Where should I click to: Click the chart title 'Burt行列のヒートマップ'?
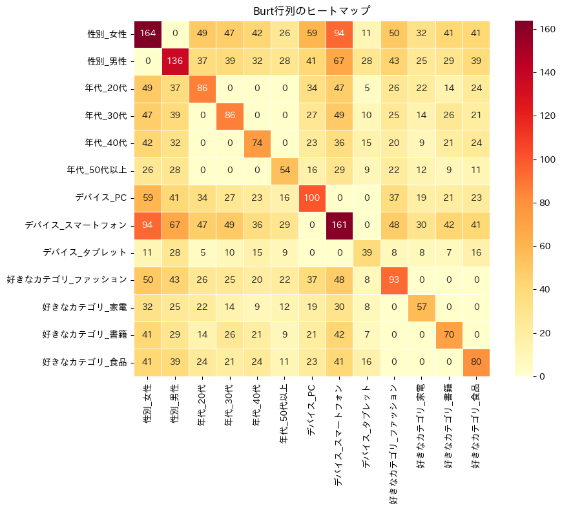coord(312,10)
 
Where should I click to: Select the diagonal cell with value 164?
coord(147,34)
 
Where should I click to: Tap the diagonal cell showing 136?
coord(175,61)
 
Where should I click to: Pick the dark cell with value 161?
coord(339,225)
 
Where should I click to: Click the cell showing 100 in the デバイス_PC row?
coord(312,198)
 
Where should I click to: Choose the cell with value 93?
coord(394,280)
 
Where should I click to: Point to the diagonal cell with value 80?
coord(476,362)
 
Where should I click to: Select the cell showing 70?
coord(449,334)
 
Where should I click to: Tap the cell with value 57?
coord(421,307)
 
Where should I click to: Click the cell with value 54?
coord(284,170)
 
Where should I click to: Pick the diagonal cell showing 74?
coord(257,143)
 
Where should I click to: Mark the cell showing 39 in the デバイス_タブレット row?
coord(366,252)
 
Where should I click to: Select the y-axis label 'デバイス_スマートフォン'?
coord(76,225)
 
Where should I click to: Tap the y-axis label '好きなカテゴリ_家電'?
coord(84,307)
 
